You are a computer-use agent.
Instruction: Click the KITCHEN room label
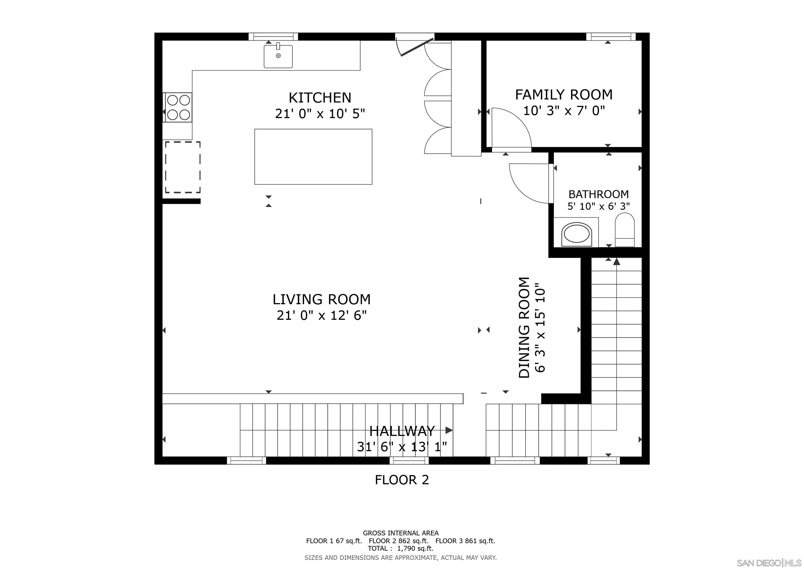(320, 98)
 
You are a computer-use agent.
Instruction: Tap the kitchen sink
(278, 56)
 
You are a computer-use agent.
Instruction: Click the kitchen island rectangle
(313, 157)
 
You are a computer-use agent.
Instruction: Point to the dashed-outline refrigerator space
(183, 168)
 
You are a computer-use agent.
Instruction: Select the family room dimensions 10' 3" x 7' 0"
(564, 111)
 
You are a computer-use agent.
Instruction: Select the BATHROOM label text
(599, 194)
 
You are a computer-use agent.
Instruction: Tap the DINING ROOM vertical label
(524, 328)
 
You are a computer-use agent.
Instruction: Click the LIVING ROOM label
(321, 300)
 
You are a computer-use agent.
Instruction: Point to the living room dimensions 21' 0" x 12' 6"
(321, 316)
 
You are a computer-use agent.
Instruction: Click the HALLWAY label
(402, 431)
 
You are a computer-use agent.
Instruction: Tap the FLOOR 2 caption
(402, 480)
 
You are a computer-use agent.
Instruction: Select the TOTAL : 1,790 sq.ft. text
(401, 548)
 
